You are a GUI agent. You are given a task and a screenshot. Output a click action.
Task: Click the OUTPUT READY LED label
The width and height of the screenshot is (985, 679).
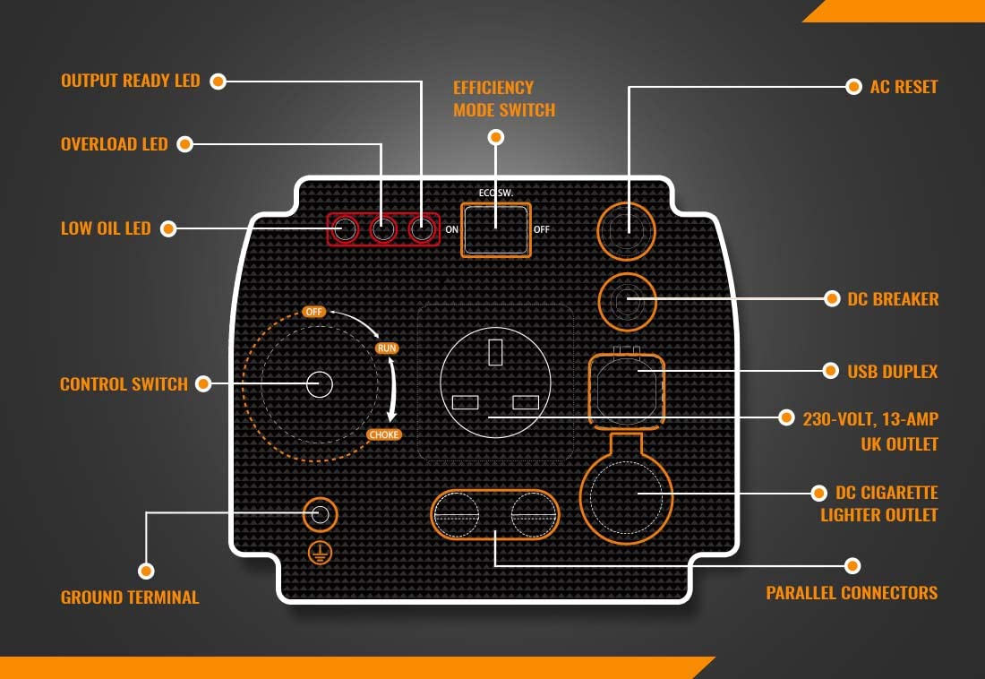tap(130, 81)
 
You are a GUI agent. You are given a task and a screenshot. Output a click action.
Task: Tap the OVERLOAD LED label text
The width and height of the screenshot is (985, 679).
tap(114, 144)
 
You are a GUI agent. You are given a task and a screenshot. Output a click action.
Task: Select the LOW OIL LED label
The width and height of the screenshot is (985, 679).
tap(106, 228)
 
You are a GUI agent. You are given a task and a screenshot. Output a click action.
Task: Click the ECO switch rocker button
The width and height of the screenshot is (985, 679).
tap(495, 229)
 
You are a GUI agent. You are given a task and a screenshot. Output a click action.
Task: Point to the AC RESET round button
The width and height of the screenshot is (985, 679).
tap(626, 231)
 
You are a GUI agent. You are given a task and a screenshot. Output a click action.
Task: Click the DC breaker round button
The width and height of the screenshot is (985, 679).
tap(626, 303)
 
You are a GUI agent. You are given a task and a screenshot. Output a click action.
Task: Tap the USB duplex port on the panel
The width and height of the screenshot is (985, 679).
tap(626, 387)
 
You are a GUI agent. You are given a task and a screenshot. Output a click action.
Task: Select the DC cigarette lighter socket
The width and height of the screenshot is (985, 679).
tap(626, 494)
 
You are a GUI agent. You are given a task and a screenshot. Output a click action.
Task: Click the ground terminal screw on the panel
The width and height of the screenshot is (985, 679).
tap(320, 514)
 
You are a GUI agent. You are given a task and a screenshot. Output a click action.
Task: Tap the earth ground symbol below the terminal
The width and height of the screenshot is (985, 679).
tap(320, 552)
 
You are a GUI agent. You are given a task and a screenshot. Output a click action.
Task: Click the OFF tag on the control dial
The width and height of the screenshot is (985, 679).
tap(313, 312)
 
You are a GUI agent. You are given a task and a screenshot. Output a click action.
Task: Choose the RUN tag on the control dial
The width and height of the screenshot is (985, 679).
tap(387, 348)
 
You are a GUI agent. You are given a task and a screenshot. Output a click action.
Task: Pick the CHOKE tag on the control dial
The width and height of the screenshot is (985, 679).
tap(384, 434)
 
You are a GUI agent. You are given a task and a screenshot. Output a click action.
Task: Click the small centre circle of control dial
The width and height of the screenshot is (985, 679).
tap(320, 384)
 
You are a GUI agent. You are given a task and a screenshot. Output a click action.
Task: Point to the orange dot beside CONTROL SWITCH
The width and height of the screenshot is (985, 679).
tap(203, 384)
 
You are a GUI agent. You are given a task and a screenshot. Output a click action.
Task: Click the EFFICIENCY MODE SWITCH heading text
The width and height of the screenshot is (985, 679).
tap(503, 99)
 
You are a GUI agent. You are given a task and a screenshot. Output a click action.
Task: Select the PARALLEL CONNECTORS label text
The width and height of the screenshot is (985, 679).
tap(852, 593)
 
